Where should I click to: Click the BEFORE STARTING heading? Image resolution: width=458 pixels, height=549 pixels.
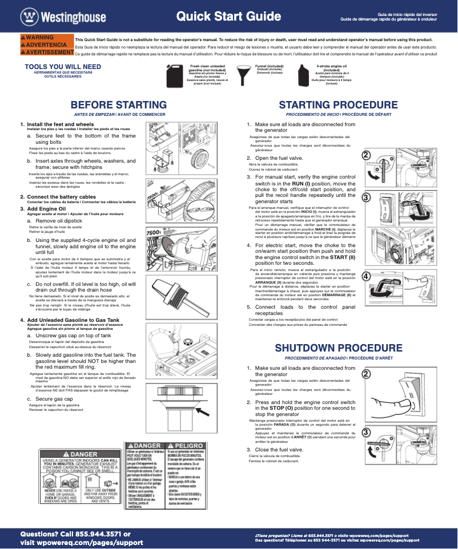(x=118, y=105)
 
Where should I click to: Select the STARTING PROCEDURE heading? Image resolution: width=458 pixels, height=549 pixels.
(x=338, y=105)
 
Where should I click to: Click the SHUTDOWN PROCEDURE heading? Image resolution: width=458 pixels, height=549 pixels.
(x=338, y=348)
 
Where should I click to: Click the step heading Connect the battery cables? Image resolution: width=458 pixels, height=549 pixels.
(x=61, y=197)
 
